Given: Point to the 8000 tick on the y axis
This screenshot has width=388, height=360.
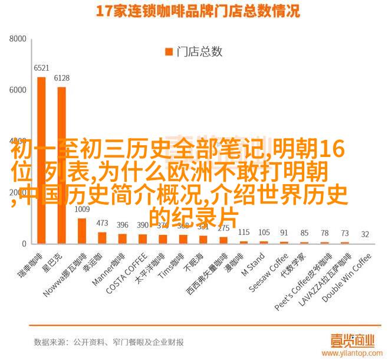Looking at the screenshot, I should pyautogui.click(x=18, y=39).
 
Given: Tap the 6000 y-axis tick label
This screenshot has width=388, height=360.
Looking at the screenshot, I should pyautogui.click(x=18, y=90).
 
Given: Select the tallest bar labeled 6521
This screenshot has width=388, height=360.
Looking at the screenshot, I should pyautogui.click(x=41, y=160).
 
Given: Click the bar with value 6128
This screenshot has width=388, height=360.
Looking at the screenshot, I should pyautogui.click(x=61, y=165).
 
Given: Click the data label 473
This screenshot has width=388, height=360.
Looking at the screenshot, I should pyautogui.click(x=102, y=224).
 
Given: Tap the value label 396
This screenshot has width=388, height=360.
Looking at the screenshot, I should pyautogui.click(x=122, y=225).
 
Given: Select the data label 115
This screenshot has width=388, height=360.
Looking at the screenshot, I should pyautogui.click(x=244, y=232).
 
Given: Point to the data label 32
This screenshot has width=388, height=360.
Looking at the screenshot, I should pyautogui.click(x=365, y=234).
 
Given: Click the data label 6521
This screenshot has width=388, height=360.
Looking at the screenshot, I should pyautogui.click(x=41, y=68).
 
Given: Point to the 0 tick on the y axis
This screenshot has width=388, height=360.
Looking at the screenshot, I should pyautogui.click(x=24, y=244).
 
